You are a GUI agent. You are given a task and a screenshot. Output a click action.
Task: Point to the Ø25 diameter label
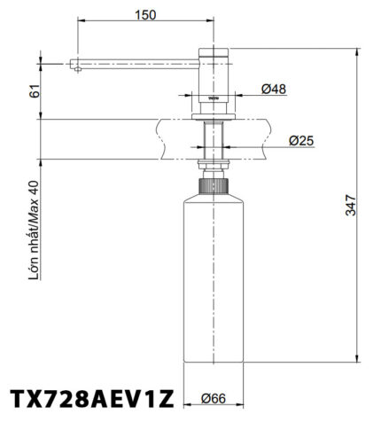302,139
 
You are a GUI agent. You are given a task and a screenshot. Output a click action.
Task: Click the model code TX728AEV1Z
91,396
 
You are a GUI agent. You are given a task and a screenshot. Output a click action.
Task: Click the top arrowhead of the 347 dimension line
358,51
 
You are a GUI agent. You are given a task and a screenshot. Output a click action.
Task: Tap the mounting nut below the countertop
213,166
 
